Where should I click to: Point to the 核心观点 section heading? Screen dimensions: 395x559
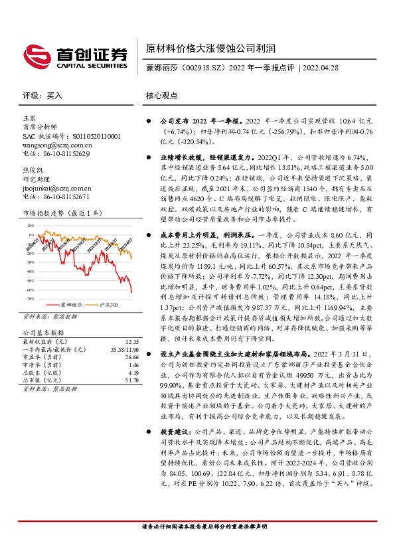coord(162,96)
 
